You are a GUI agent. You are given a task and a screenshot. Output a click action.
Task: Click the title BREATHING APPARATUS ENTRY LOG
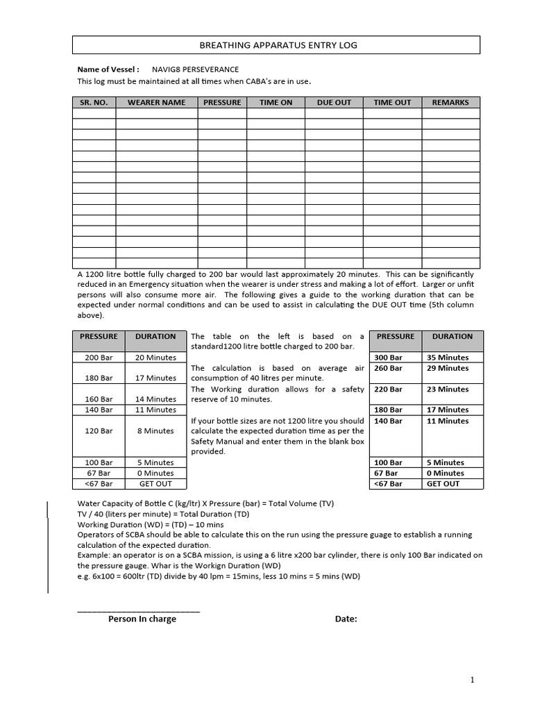(276, 45)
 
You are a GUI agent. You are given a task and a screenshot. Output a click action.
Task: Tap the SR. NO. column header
(94, 102)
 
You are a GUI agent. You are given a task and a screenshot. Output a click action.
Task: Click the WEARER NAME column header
(156, 102)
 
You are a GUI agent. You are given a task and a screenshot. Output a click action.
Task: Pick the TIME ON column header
(276, 102)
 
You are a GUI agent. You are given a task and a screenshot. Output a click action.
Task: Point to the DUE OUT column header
(334, 102)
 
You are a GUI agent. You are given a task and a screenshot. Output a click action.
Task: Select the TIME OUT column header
(392, 102)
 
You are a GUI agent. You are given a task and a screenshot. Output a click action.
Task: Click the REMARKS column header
(450, 102)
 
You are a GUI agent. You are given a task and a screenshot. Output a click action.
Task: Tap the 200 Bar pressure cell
(99, 358)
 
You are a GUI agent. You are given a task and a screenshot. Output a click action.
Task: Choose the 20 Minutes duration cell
(155, 358)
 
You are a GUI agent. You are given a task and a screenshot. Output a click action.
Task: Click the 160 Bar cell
(99, 399)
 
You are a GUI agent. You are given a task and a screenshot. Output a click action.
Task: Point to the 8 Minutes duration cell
(155, 430)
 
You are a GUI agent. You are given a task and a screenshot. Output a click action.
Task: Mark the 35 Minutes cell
(448, 358)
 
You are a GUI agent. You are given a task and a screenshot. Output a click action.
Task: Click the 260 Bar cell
(388, 368)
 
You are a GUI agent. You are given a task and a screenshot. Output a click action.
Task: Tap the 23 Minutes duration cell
(448, 390)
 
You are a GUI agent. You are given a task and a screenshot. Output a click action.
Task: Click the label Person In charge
(142, 619)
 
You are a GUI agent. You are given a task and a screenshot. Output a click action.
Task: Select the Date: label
(346, 619)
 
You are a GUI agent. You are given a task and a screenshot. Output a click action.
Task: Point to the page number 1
(473, 680)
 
